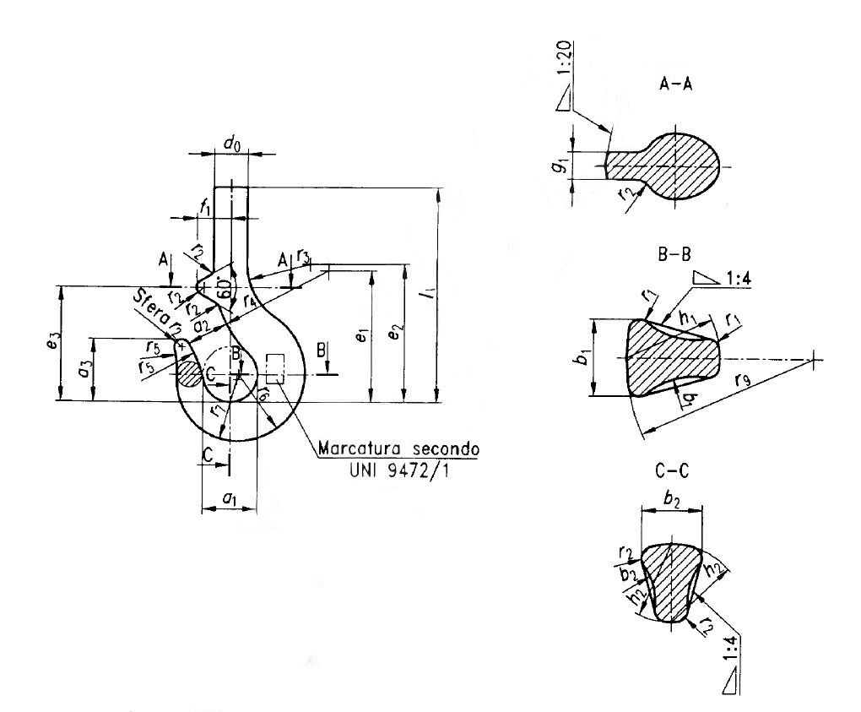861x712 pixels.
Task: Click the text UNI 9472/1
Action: pos(397,471)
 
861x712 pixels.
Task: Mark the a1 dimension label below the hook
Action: pos(228,499)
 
